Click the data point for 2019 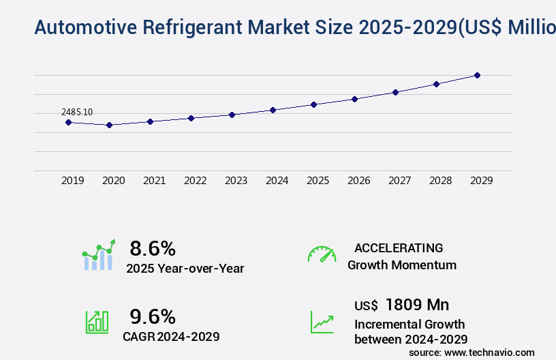point(68,122)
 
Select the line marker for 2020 point(109,125)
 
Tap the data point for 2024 point(273,110)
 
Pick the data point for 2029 point(477,75)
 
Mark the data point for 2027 point(395,92)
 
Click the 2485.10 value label point(77,112)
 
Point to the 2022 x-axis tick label point(195,181)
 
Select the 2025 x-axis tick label point(318,181)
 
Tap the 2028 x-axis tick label point(440,181)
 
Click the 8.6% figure point(153,248)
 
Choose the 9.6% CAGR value point(153,316)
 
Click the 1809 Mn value point(417,304)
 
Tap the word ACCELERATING point(399,248)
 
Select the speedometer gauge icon point(322,254)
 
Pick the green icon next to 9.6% point(97,322)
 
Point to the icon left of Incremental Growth point(322,322)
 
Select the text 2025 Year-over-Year point(185,269)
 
